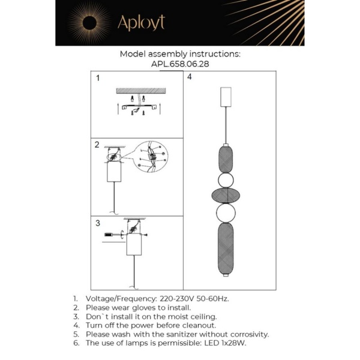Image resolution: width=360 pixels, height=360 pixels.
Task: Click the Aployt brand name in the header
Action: (x=141, y=23)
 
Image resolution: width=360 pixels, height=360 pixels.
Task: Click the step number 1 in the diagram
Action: (x=98, y=78)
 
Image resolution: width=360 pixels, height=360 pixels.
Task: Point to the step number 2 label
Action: (x=97, y=145)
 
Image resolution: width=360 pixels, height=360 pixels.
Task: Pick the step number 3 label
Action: (x=98, y=223)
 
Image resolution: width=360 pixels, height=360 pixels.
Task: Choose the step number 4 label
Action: (x=190, y=77)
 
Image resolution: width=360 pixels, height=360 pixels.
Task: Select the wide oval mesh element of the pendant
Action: (x=226, y=195)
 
